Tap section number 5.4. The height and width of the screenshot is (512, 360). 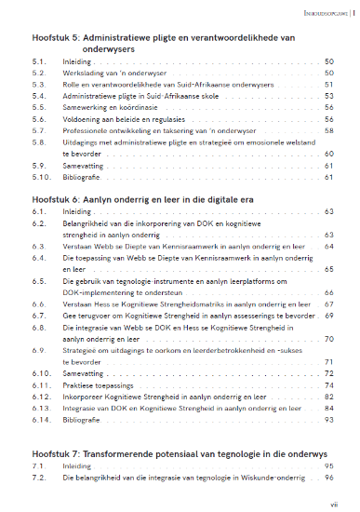[x=37, y=96]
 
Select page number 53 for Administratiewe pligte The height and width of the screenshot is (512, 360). [x=328, y=96]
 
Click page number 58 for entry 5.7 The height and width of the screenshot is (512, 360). [x=328, y=131]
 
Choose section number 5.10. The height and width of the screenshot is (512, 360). [x=39, y=177]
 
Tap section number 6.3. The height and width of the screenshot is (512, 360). [x=37, y=248]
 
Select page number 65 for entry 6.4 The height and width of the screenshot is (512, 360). [x=328, y=269]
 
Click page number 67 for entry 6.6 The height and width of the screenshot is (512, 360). [x=328, y=303]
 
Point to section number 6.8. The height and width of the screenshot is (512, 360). [x=37, y=327]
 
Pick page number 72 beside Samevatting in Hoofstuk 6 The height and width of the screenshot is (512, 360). [x=328, y=372]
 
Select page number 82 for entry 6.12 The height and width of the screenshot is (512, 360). [x=328, y=396]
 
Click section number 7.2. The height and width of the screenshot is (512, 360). [x=37, y=477]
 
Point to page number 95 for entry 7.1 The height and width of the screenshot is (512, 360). [x=328, y=465]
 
